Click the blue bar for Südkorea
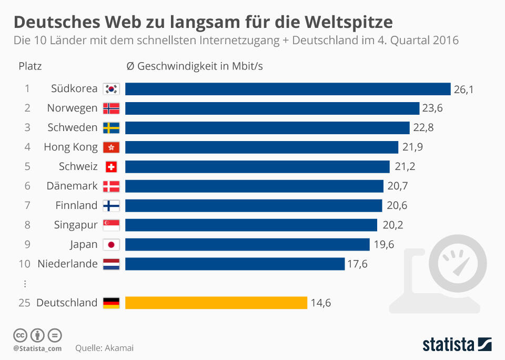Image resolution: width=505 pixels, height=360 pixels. click(x=288, y=89)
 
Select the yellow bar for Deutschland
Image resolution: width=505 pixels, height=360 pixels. click(x=216, y=303)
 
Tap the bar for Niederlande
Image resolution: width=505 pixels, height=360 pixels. click(x=235, y=264)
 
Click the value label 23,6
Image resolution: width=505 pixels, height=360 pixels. click(x=432, y=108)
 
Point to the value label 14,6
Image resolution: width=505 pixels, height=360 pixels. click(x=320, y=303)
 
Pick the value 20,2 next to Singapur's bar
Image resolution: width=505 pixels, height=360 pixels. click(x=392, y=225)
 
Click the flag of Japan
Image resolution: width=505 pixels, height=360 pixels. click(x=111, y=245)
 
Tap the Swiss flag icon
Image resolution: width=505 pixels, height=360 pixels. click(x=111, y=167)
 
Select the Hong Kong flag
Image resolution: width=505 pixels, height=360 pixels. click(x=111, y=147)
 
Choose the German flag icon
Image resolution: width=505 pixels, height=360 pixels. click(x=111, y=303)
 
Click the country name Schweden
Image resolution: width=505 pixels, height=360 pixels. click(x=72, y=128)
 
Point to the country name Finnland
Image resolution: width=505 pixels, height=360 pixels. click(x=76, y=206)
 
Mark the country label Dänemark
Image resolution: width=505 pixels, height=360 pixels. click(x=72, y=186)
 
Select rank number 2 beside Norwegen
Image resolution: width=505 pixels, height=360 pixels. click(x=27, y=108)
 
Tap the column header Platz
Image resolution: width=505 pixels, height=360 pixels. click(x=30, y=66)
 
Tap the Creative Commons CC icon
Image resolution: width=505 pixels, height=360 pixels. click(x=20, y=335)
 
